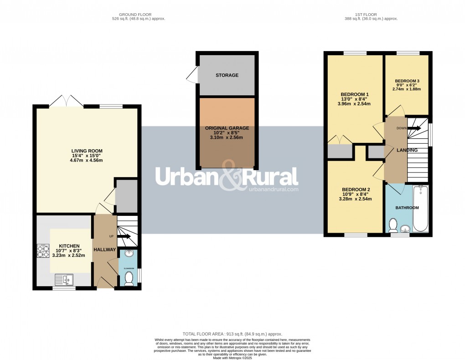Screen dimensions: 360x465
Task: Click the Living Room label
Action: pyautogui.click(x=87, y=151)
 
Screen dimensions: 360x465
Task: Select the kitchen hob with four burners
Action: pyautogui.click(x=43, y=252)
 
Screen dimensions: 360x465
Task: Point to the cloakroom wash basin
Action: pyautogui.click(x=129, y=254)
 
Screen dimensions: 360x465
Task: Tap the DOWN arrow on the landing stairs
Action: pyautogui.click(x=414, y=129)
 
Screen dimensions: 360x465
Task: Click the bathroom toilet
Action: pyautogui.click(x=393, y=225)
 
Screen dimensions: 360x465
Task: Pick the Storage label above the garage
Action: pyautogui.click(x=227, y=75)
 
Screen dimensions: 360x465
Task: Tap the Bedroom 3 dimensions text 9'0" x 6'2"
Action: pyautogui.click(x=406, y=85)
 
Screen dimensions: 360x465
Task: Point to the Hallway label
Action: pyautogui.click(x=104, y=250)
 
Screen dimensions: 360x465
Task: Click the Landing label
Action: pyautogui.click(x=407, y=150)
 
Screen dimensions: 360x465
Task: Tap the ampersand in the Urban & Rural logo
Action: pyautogui.click(x=227, y=177)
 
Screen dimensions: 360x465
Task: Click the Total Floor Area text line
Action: pyautogui.click(x=232, y=334)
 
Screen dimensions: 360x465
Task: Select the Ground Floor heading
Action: pyautogui.click(x=139, y=15)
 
